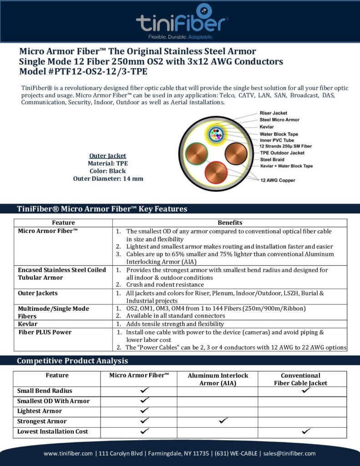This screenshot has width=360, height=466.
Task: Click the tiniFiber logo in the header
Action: point(182,20)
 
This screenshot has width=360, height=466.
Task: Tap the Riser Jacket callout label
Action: point(273,113)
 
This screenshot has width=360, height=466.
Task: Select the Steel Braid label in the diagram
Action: point(272,160)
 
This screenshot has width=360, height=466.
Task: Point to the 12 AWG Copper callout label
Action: point(277,180)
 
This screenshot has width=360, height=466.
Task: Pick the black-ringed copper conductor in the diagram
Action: point(235,153)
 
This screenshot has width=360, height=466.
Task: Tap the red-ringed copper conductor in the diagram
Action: point(216,173)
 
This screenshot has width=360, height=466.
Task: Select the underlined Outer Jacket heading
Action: point(108,156)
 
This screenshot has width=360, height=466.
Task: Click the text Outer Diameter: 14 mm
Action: point(108,179)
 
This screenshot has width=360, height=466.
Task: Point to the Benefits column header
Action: point(230,223)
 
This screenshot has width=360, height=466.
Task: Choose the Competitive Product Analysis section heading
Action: point(72,361)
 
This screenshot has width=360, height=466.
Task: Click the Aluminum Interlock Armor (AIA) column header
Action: point(218,379)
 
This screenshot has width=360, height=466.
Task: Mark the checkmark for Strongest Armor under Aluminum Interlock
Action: point(223,421)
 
